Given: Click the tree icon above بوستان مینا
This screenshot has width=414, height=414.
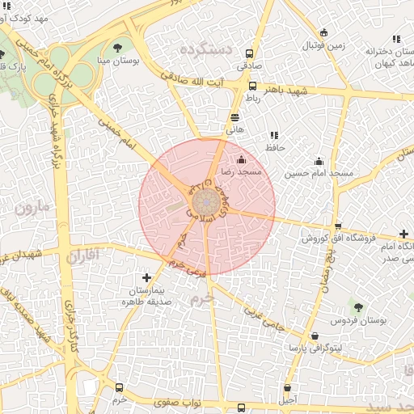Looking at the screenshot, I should (119, 47).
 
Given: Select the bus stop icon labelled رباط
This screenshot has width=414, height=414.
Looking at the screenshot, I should (252, 86).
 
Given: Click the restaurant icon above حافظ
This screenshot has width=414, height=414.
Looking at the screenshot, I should (273, 135).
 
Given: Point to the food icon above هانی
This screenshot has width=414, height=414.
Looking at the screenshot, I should (234, 117).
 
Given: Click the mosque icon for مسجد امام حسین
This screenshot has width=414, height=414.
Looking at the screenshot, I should (319, 160).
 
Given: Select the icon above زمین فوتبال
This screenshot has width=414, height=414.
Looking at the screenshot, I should (323, 33).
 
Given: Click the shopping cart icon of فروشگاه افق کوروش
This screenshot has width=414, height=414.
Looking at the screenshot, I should (338, 226).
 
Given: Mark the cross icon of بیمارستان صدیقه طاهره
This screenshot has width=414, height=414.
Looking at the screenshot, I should (146, 277).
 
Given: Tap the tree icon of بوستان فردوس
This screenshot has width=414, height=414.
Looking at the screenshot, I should (358, 307).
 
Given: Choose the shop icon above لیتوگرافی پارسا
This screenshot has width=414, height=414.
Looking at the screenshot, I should (314, 336).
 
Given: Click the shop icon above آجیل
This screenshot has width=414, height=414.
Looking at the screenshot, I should (290, 387).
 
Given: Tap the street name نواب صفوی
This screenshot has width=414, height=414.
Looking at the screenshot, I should (178, 400).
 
